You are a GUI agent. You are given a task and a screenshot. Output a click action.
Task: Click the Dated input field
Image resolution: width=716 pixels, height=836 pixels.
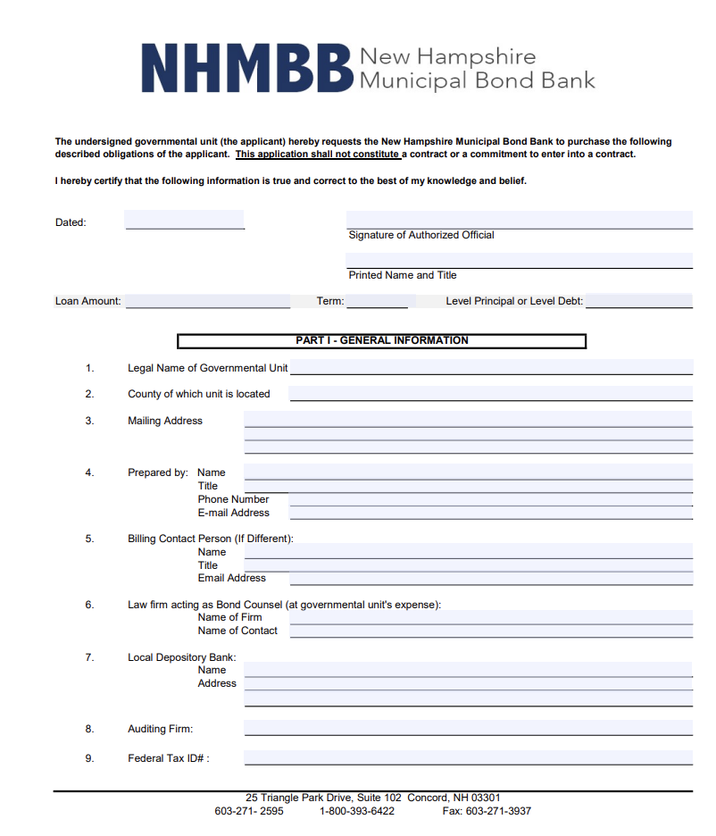click(x=185, y=220)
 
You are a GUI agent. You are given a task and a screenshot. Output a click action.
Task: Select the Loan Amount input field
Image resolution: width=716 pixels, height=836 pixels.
click(x=208, y=301)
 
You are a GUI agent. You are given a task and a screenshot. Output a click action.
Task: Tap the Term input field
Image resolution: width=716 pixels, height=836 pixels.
click(x=377, y=301)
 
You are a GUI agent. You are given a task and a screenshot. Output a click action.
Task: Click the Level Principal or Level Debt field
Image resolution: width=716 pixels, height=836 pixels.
click(x=638, y=301)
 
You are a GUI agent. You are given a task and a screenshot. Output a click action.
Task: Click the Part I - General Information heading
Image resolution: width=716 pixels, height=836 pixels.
click(x=381, y=340)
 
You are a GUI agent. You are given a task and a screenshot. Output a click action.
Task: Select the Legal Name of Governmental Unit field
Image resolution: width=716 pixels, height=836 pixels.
click(x=491, y=367)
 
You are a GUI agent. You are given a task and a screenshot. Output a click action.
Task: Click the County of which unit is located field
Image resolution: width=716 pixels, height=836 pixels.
click(x=491, y=393)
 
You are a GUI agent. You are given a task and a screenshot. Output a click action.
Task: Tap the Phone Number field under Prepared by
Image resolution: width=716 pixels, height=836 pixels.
click(x=491, y=499)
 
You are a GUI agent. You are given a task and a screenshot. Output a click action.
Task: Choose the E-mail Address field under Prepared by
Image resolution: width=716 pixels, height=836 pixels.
click(x=491, y=513)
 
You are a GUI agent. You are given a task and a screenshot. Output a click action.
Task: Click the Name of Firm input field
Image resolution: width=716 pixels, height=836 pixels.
click(x=491, y=617)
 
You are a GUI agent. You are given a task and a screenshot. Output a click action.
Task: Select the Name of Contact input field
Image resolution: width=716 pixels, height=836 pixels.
click(x=491, y=631)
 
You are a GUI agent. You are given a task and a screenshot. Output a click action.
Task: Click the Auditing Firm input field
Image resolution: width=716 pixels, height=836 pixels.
click(x=468, y=728)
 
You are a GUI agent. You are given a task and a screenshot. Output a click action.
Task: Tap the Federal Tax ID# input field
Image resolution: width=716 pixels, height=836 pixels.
click(x=468, y=757)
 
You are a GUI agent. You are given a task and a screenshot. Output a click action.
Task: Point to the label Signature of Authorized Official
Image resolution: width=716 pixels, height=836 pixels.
click(x=420, y=235)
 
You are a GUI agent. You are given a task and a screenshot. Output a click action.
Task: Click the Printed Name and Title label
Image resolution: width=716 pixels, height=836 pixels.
click(x=402, y=275)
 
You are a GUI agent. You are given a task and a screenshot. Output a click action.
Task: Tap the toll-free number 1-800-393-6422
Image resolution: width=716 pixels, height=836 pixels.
click(x=356, y=811)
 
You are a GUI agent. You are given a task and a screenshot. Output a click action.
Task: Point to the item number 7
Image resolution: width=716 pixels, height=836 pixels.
click(x=89, y=657)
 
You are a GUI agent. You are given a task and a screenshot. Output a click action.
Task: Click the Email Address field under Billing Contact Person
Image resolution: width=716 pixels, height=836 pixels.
click(x=491, y=578)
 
